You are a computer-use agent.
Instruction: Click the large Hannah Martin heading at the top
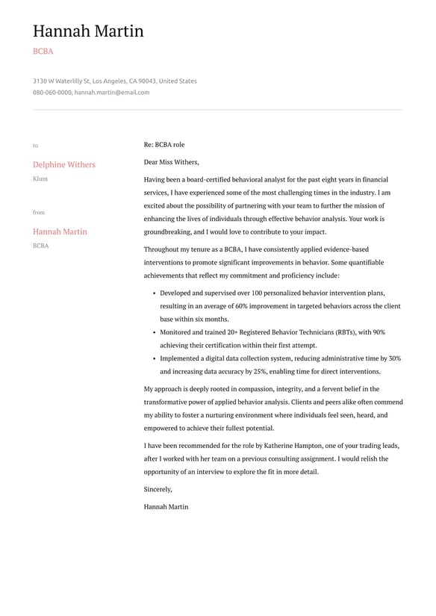[88, 31]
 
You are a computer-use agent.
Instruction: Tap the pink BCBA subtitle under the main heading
[43, 52]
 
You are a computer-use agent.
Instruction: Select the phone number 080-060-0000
[52, 93]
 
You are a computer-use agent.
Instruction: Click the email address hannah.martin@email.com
[112, 93]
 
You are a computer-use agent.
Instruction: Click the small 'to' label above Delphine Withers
[35, 146]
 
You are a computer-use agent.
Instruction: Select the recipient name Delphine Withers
[64, 164]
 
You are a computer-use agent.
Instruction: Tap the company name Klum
[40, 179]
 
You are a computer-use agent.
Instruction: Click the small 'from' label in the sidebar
[39, 213]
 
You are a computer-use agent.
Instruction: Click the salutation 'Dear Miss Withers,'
[171, 162]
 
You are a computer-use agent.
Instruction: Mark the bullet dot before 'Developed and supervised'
[154, 293]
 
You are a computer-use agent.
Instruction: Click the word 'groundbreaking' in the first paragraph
[168, 232]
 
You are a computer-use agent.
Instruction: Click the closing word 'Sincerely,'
[158, 490]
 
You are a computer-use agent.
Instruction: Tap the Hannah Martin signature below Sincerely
[166, 507]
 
